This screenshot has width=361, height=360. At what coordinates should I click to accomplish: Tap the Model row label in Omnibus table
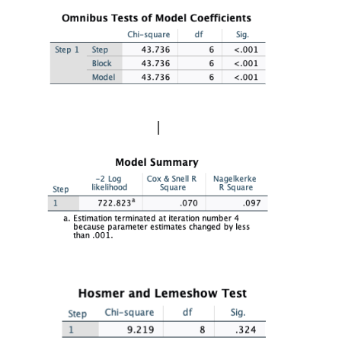tap(103, 77)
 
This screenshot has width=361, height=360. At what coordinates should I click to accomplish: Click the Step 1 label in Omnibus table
tap(67, 49)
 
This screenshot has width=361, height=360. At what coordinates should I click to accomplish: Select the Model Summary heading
tap(156, 162)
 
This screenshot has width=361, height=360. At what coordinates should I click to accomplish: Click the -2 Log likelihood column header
tap(107, 183)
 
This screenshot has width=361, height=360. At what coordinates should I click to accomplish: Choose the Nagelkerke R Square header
tap(234, 183)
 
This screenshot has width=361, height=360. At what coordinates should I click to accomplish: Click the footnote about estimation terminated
tap(156, 226)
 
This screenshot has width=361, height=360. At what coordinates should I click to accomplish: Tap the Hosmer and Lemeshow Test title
tap(162, 294)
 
